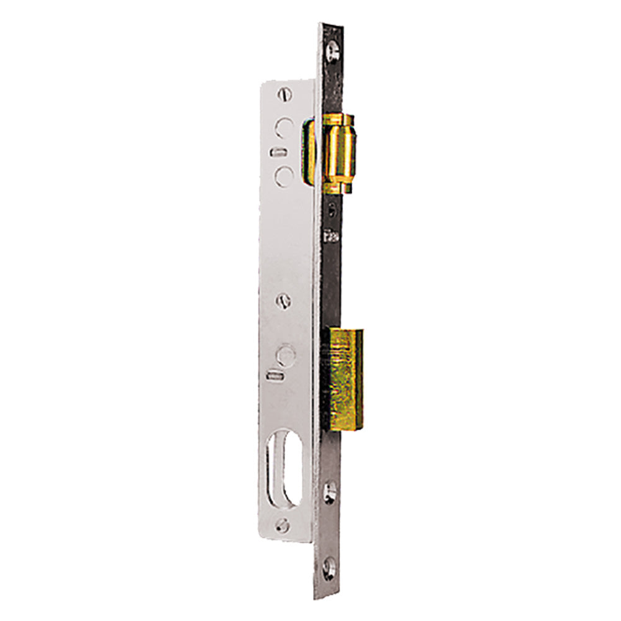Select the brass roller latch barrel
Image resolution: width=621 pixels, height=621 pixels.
341,152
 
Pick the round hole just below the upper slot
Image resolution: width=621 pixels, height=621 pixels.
284,175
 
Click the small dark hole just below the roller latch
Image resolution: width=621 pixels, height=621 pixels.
333,207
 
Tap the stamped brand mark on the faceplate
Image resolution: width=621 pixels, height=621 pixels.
331,237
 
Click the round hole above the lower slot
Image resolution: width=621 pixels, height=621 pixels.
286,355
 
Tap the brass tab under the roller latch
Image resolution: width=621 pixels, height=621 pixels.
339,186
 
